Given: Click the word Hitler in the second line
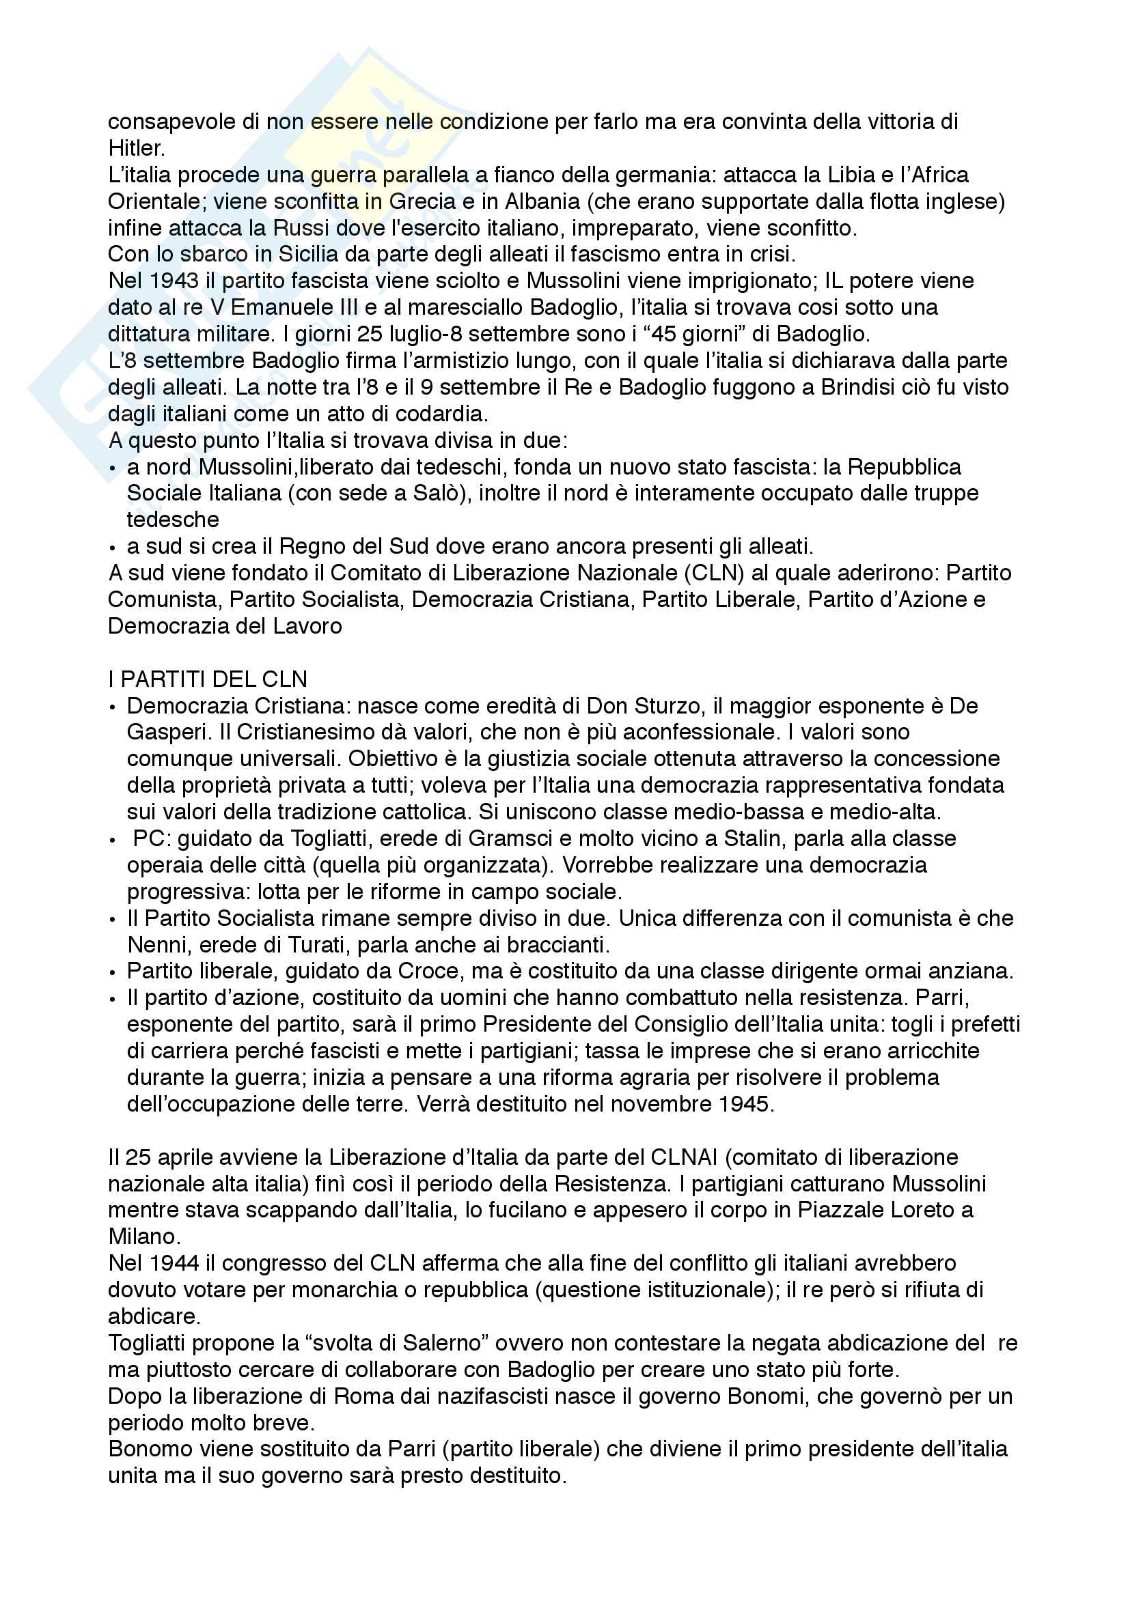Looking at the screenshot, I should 136,148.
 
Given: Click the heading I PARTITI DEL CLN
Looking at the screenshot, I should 208,679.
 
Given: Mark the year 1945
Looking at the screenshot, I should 747,1105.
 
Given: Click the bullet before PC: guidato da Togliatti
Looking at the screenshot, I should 113,840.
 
